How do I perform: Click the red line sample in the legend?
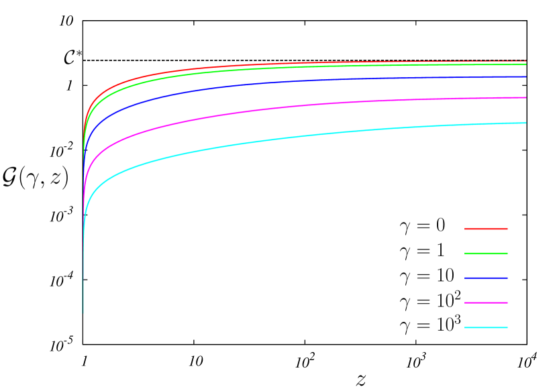click(486, 229)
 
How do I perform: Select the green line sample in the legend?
click(486, 254)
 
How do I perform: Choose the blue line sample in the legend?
click(486, 278)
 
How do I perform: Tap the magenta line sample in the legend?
click(486, 303)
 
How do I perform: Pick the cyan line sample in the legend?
click(486, 328)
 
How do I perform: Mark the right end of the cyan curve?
click(525, 123)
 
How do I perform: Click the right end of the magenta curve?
click(525, 98)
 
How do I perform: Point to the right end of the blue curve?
click(525, 77)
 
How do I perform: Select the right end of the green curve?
click(525, 65)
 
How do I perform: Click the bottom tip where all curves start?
click(83, 313)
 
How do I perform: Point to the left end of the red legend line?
click(465, 229)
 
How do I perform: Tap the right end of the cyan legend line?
click(507, 328)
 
